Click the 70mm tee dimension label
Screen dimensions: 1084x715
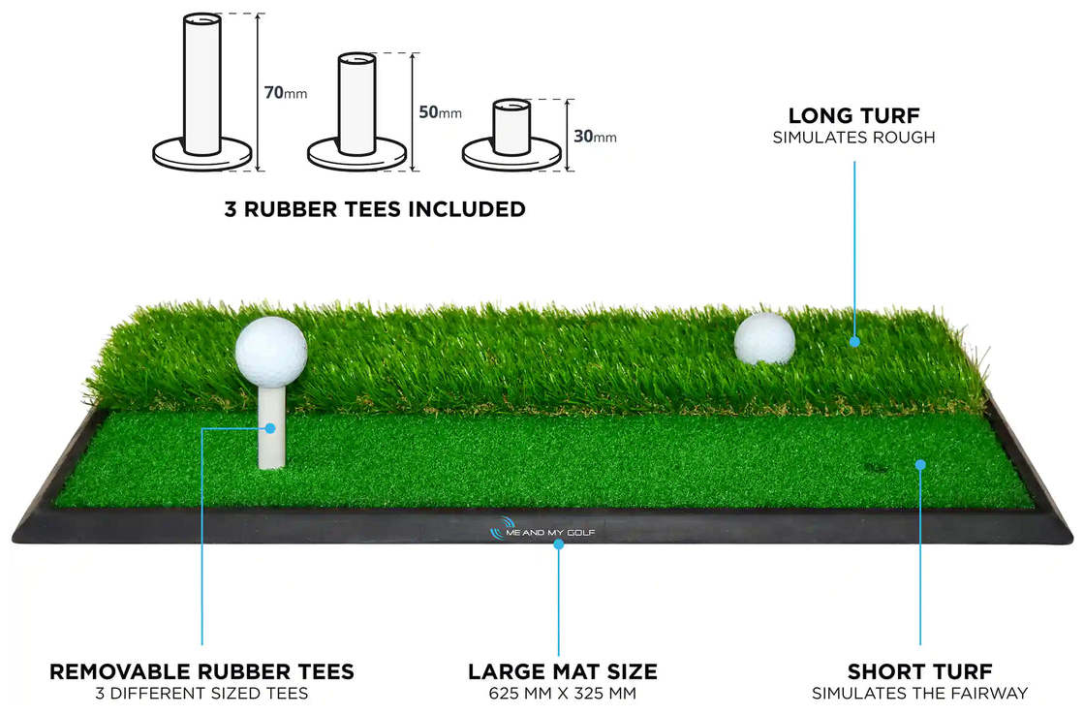tap(286, 92)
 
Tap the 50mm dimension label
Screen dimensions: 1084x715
tap(441, 112)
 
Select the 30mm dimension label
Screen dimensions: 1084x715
tap(595, 137)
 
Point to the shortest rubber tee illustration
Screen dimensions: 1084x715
tap(511, 135)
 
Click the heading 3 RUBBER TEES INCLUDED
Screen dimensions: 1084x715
tap(375, 209)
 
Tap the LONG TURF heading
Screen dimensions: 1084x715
tap(853, 115)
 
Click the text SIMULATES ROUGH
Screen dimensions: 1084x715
tap(853, 138)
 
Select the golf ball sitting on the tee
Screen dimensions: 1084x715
tap(271, 352)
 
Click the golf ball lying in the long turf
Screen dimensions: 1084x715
tap(764, 338)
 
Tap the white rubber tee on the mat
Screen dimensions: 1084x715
tap(270, 425)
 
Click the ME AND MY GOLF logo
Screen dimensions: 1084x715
tap(542, 532)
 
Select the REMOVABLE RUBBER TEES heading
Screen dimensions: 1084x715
tap(201, 671)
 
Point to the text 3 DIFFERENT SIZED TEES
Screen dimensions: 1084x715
tap(201, 694)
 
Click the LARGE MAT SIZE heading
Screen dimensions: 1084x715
tap(563, 671)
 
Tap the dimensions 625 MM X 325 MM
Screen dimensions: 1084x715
tap(563, 694)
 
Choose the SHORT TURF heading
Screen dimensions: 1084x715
tap(920, 671)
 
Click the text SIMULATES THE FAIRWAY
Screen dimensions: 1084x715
tap(920, 694)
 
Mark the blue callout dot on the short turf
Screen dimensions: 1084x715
tap(920, 465)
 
